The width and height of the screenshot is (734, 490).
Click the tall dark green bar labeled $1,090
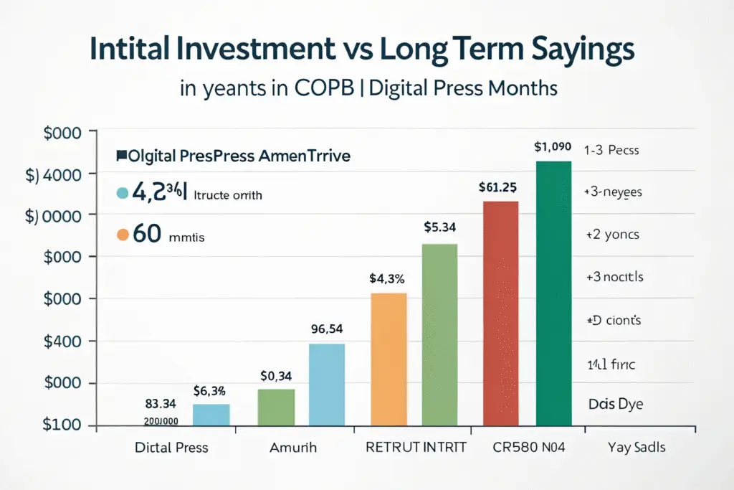553,294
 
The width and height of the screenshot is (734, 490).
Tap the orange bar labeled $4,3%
389,359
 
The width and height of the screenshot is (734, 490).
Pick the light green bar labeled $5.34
439,335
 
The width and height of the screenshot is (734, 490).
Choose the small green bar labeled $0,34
276,407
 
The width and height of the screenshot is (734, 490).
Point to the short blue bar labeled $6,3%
211,415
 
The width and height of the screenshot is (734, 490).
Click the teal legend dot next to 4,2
122,192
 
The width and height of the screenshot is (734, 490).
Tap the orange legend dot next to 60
122,235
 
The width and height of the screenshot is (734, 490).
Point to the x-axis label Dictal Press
171,448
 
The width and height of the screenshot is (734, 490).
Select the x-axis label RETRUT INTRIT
416,448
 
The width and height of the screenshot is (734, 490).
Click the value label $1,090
553,147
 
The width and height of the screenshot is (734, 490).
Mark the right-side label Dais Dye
615,404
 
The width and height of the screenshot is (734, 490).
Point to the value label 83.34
161,405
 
